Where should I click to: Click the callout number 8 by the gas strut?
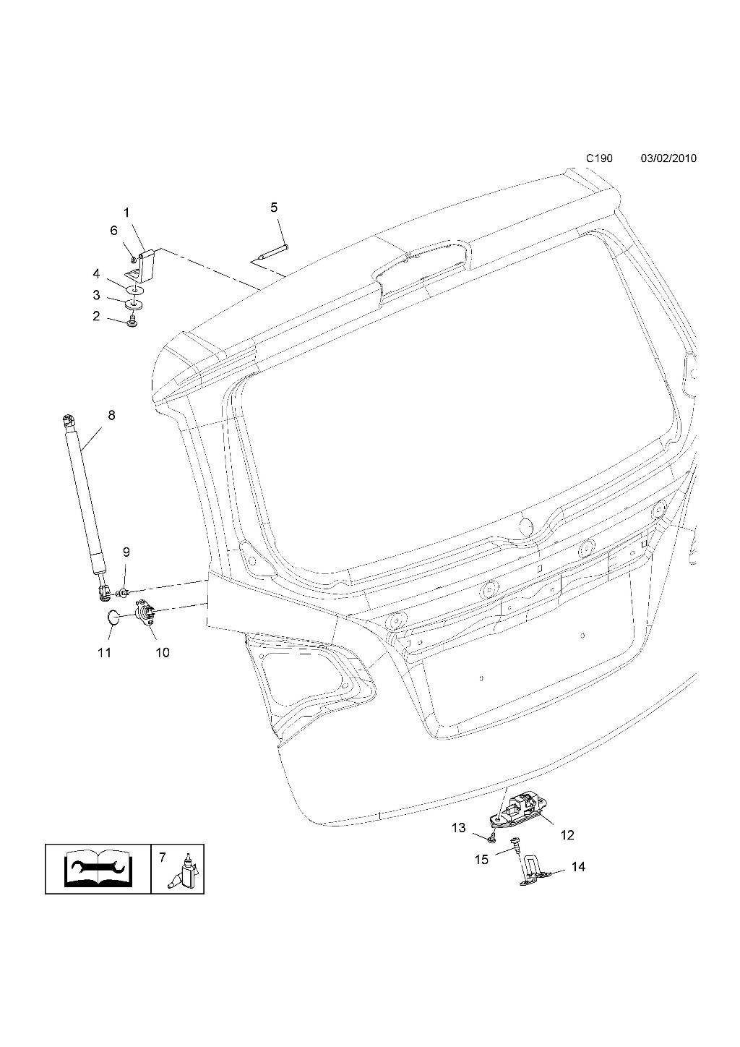pos(111,415)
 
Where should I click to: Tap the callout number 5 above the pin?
pos(274,207)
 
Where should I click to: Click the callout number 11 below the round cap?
pos(104,652)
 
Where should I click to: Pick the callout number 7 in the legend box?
pos(162,858)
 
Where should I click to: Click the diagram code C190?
pos(599,158)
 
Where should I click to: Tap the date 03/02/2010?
pos(668,158)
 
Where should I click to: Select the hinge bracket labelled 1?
pos(143,265)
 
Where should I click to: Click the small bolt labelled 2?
pos(132,322)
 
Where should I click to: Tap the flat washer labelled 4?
pos(135,290)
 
